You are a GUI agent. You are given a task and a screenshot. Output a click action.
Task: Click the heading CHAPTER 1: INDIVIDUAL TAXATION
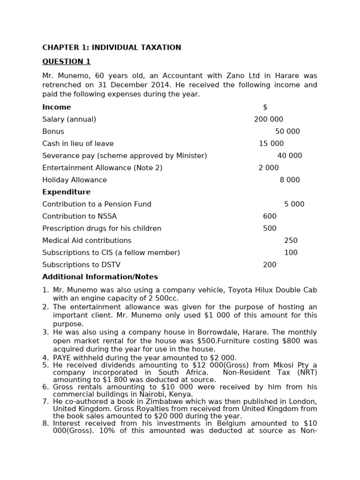click(x=112, y=47)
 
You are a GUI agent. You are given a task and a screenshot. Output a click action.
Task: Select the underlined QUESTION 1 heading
click(x=66, y=61)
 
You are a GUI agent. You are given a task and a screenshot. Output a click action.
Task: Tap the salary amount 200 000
click(x=268, y=119)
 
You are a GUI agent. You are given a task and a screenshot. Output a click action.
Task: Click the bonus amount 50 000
click(x=287, y=131)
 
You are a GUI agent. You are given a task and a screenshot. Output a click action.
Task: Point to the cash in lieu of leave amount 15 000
click(x=271, y=143)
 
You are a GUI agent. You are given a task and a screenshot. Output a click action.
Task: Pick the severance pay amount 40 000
click(x=290, y=156)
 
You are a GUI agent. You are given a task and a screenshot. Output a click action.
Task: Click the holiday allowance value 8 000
click(x=290, y=180)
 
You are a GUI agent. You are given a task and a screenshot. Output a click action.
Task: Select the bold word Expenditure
click(x=66, y=192)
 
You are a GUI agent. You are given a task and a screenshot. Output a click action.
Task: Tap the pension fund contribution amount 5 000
click(x=294, y=204)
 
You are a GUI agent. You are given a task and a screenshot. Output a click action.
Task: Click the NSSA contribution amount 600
click(x=270, y=216)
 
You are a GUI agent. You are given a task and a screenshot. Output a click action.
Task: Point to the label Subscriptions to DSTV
click(x=81, y=265)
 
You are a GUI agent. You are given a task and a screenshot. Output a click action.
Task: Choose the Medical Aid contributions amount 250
click(x=291, y=240)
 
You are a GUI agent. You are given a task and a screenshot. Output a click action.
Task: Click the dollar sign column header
click(x=265, y=107)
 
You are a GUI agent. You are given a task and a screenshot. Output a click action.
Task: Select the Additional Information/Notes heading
click(x=100, y=277)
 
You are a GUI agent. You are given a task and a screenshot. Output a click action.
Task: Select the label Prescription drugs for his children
click(x=102, y=228)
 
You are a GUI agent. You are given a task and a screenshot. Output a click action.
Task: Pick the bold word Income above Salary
click(x=57, y=107)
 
